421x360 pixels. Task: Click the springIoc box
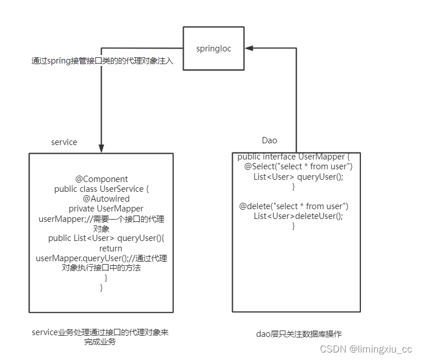[x=213, y=49]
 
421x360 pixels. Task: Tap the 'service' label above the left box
[x=64, y=142]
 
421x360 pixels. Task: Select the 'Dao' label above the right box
[x=270, y=140]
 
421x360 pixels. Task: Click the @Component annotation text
[x=102, y=179]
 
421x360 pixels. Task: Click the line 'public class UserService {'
[x=102, y=189]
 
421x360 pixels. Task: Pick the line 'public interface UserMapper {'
[x=294, y=157]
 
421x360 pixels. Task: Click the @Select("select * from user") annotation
[x=299, y=167]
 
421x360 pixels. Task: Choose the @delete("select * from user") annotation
[x=294, y=206]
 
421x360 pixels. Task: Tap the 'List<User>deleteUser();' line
[x=298, y=216]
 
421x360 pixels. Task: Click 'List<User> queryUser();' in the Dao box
[x=298, y=177]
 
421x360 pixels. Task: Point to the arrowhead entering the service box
[x=102, y=149]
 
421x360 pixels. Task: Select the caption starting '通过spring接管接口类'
[x=102, y=61]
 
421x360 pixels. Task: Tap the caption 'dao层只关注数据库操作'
[x=299, y=334]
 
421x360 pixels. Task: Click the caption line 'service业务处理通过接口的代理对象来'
[x=100, y=332]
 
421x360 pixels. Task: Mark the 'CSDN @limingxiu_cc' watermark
[x=366, y=349]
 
